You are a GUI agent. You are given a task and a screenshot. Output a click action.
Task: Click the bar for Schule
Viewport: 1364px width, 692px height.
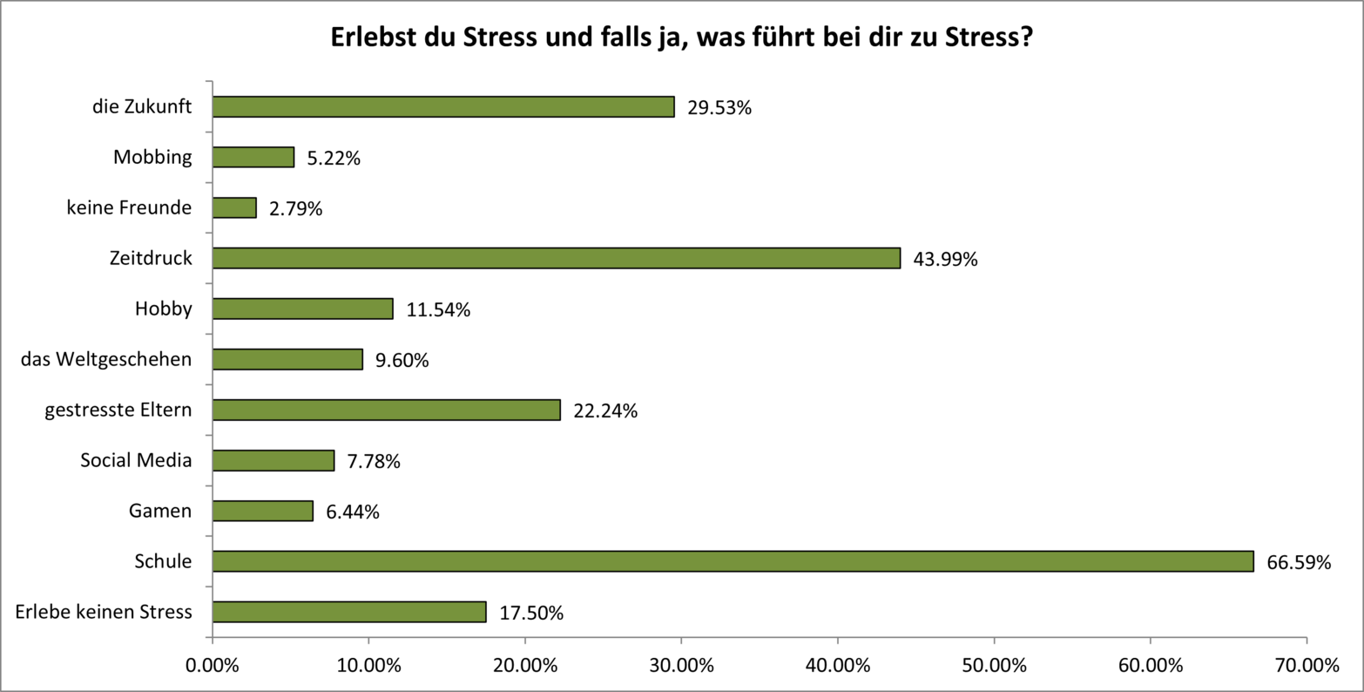[733, 561]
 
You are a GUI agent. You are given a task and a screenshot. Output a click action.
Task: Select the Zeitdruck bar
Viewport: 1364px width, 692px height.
[556, 258]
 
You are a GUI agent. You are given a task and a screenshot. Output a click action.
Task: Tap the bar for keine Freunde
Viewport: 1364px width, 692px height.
[234, 207]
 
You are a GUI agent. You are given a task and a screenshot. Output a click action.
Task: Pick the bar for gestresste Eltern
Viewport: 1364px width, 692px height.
[386, 410]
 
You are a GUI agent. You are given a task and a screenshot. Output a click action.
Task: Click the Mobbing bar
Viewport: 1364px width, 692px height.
[253, 157]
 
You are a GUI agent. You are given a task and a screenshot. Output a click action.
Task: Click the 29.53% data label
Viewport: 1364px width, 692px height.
[719, 108]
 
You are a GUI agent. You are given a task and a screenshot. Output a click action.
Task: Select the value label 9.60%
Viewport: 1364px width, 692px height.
[402, 360]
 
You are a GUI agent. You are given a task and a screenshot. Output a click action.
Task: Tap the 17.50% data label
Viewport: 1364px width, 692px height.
[531, 613]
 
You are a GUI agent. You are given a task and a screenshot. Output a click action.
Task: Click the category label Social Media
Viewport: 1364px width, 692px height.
[136, 460]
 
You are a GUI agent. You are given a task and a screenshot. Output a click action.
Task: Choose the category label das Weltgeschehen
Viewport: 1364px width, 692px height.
[106, 359]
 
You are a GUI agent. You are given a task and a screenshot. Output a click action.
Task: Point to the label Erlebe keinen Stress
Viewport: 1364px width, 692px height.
[104, 612]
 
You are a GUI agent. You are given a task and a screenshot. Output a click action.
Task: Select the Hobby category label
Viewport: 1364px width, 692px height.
[163, 309]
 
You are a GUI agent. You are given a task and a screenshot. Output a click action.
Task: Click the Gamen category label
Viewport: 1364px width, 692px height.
[160, 511]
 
